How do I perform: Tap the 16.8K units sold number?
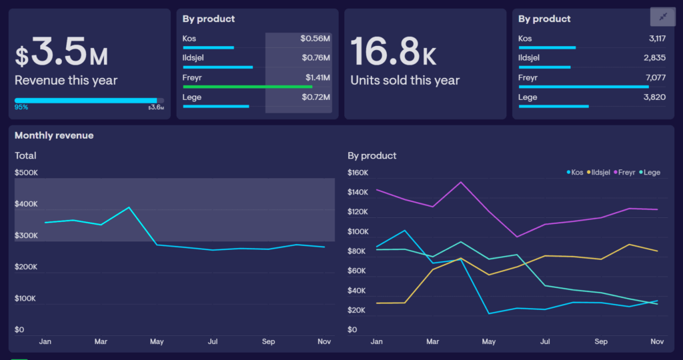[x=393, y=52]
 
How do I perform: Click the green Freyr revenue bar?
[x=247, y=87]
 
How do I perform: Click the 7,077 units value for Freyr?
[x=656, y=77]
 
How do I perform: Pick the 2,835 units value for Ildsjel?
[x=654, y=58]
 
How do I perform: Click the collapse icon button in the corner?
[x=662, y=17]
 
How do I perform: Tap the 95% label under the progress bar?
[x=21, y=107]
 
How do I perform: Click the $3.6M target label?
[x=155, y=107]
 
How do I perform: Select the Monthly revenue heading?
[x=54, y=135]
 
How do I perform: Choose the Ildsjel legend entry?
[x=598, y=172]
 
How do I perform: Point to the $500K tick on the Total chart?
[x=27, y=173]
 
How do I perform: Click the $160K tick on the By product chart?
[x=359, y=173]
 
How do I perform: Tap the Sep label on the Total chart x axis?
[x=268, y=341]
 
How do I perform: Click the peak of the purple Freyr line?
[x=460, y=182]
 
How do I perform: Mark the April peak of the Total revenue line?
[x=129, y=207]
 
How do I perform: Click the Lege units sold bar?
[x=553, y=106]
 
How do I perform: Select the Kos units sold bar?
[x=546, y=47]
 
